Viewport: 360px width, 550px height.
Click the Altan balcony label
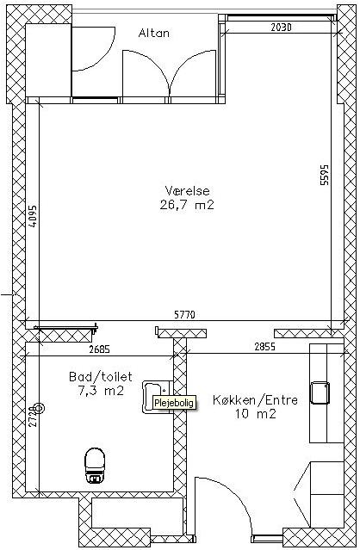tap(153, 33)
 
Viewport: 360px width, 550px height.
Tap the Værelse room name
tap(187, 191)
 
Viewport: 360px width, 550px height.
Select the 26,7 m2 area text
tap(187, 205)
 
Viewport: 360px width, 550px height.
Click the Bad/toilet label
tap(101, 377)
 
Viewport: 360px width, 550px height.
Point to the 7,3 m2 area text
tap(101, 391)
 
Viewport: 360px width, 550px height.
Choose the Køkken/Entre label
tap(255, 400)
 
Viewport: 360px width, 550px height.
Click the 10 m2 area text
tap(256, 414)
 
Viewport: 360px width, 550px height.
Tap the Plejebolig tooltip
tap(174, 403)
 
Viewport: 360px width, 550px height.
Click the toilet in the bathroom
tap(95, 466)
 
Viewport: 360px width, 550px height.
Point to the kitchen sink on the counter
tap(320, 392)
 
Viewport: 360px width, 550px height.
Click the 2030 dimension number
tap(281, 28)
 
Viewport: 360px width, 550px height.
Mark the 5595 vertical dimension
tap(325, 175)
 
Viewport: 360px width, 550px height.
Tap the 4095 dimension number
tap(33, 216)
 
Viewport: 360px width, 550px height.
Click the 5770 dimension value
tap(184, 315)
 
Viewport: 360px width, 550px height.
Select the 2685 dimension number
tap(100, 349)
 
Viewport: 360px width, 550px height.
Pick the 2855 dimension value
tap(265, 347)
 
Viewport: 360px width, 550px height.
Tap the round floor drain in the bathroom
tap(39, 408)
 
